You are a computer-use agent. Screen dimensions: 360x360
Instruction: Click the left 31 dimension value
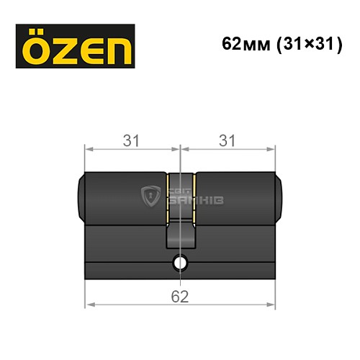pyautogui.click(x=131, y=141)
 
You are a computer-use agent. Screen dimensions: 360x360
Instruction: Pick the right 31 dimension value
pyautogui.click(x=228, y=141)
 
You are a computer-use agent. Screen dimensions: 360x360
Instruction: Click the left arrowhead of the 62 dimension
pyautogui.click(x=89, y=305)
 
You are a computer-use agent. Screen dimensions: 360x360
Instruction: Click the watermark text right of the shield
pyautogui.click(x=189, y=195)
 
